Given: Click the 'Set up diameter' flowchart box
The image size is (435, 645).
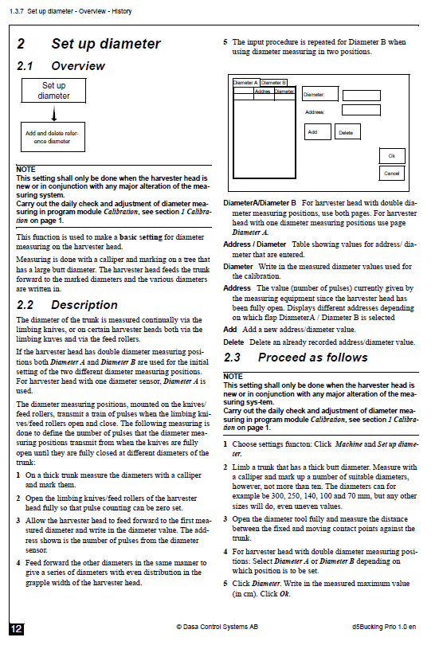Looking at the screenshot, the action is [53, 91].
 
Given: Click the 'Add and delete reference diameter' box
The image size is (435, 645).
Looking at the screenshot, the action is [53, 137].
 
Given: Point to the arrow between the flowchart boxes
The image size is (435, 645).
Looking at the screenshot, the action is [54, 113].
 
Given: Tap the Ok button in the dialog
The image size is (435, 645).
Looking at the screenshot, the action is [392, 156].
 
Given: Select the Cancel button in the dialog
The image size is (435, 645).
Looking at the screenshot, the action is [392, 173].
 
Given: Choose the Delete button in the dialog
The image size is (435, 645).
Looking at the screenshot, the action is [347, 132].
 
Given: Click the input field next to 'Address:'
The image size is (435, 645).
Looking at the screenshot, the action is [361, 110].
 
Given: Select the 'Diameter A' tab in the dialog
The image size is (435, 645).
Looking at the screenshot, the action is [246, 83].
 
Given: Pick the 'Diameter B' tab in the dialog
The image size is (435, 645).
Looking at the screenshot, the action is [273, 83].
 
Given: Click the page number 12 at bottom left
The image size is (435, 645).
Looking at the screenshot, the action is [16, 629].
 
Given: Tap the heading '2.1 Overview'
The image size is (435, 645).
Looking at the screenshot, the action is [61, 66].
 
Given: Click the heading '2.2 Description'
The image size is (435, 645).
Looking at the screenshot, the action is [67, 305].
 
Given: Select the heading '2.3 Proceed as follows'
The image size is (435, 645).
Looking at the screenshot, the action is [296, 358].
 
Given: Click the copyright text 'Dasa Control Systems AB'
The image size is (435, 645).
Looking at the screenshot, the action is [217, 627].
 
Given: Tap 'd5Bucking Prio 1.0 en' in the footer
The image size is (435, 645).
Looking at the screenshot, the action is [384, 627].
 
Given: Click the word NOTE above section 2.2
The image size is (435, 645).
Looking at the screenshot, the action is [26, 170].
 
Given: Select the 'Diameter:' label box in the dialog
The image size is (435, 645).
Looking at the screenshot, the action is [320, 94].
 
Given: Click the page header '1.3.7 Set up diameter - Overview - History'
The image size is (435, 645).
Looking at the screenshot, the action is [70, 11].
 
